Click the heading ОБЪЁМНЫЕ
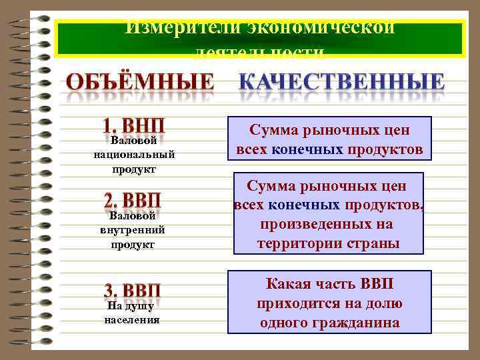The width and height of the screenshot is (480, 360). click(x=141, y=83)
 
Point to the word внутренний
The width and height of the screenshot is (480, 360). click(x=133, y=230)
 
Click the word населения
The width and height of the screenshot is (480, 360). click(x=132, y=319)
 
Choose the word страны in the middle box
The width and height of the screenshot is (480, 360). click(x=376, y=243)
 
